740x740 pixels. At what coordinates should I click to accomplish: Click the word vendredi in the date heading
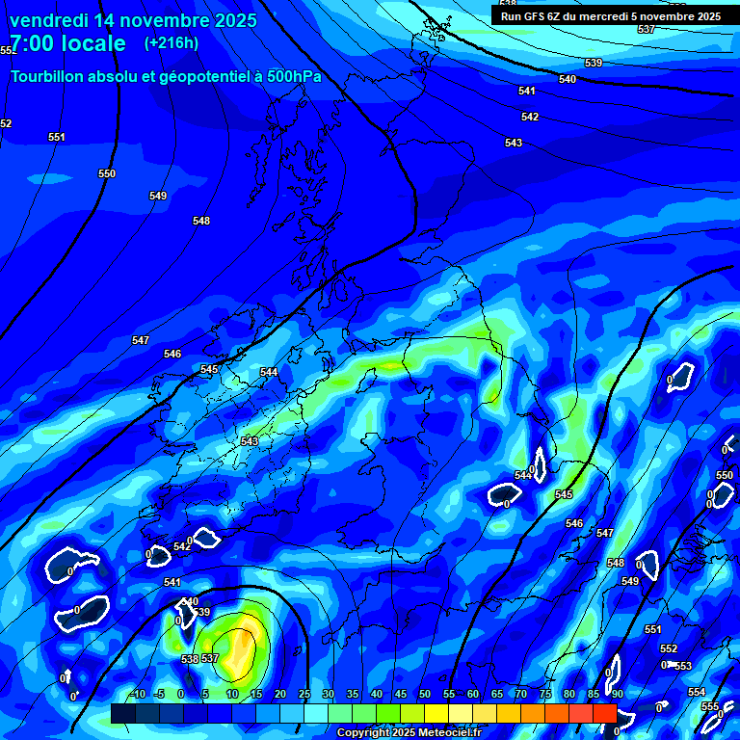coord(49,20)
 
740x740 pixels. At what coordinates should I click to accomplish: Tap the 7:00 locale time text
coord(67,43)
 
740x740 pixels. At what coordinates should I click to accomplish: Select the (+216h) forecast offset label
coord(172,42)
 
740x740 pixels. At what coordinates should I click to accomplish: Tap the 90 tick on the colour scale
coord(617,694)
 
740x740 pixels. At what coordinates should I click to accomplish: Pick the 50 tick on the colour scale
coord(425,694)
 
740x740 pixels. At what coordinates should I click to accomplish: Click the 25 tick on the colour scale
coord(304,694)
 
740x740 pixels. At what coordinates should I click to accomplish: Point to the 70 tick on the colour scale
coord(520,694)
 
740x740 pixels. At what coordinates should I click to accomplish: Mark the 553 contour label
coord(683,666)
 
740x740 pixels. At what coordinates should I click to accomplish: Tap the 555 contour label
coord(710,706)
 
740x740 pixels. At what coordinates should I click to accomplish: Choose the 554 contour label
coord(697,693)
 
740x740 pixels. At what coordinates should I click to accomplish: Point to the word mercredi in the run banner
coord(603,15)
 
